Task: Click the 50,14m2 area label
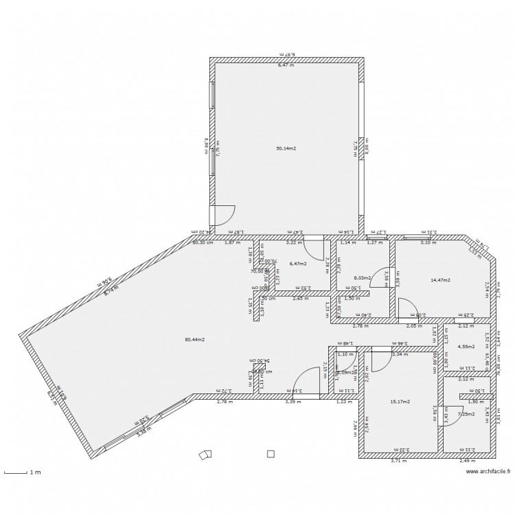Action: click(x=286, y=148)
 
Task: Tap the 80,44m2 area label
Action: click(x=195, y=339)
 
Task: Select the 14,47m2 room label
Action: click(x=439, y=280)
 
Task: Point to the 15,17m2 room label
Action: click(x=400, y=402)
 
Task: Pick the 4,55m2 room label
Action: click(x=466, y=347)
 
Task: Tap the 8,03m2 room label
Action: click(x=362, y=278)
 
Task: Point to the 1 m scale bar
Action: click(x=21, y=472)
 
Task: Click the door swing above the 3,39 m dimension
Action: click(x=305, y=382)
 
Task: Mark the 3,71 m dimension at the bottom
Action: click(x=398, y=461)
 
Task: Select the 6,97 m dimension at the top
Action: click(x=286, y=53)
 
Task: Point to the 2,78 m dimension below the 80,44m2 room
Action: click(x=225, y=402)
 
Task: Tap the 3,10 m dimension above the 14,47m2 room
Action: click(x=428, y=242)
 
